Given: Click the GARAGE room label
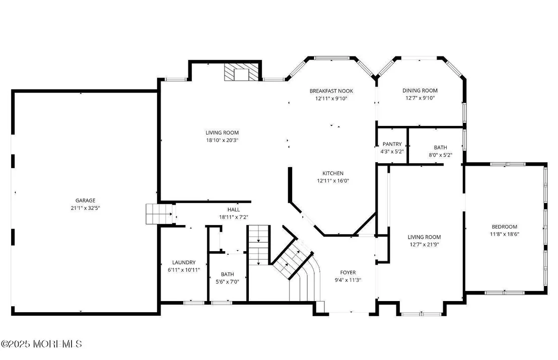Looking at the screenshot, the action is (86, 200).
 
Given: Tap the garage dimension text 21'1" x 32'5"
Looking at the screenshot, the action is (86, 208).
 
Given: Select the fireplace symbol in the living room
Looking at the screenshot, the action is (241, 72).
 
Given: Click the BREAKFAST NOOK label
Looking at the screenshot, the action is (331, 91).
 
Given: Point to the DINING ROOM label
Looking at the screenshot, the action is (420, 91).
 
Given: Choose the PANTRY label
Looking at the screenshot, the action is (392, 144).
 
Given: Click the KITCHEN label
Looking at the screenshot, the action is (333, 173).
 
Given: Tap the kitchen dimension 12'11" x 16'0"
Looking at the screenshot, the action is (333, 181).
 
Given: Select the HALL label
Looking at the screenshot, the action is (234, 209).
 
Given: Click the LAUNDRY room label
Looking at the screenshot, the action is (184, 262).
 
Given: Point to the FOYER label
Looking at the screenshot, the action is (348, 272).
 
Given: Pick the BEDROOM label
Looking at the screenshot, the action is (505, 227).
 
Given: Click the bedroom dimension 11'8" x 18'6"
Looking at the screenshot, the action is (505, 234).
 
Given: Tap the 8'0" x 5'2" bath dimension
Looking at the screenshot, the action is (441, 155).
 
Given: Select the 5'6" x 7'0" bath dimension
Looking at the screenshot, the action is (228, 282).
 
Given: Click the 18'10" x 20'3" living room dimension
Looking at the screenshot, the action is (222, 140).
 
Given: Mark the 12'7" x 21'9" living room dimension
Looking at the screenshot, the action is (424, 244).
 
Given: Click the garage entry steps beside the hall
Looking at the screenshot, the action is (159, 214).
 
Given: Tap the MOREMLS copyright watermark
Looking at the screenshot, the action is (41, 344).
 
